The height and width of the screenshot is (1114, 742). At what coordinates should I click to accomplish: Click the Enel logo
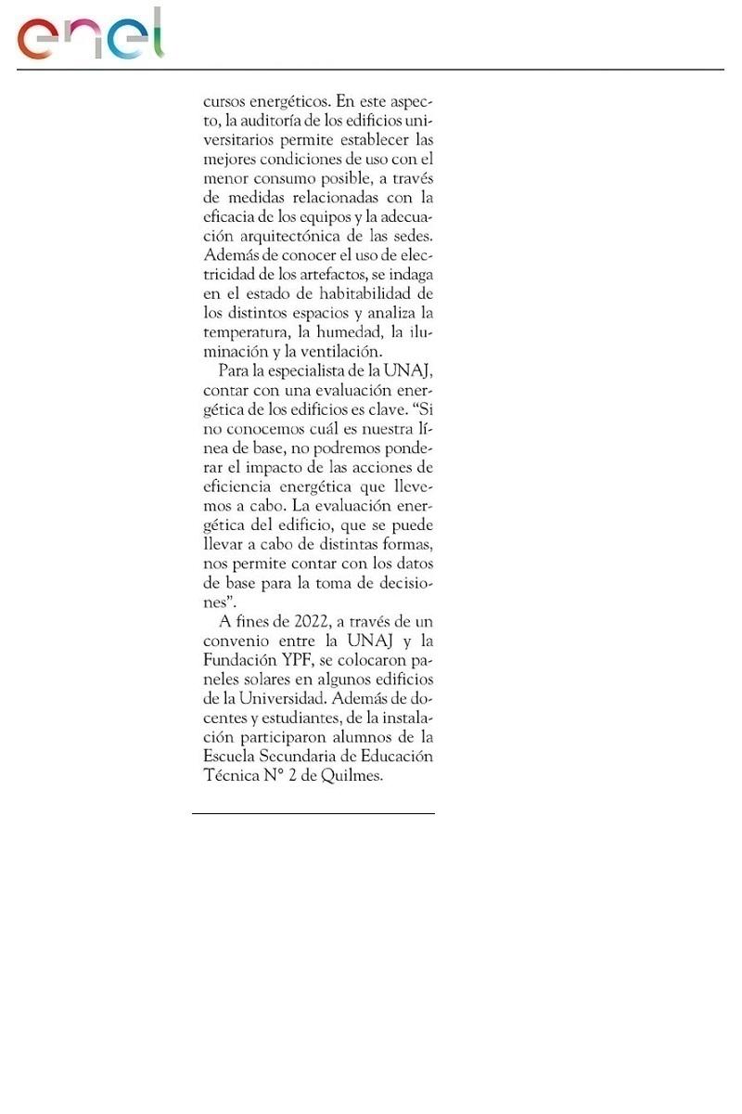90,34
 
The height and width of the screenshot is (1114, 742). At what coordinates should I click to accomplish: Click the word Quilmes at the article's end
351,776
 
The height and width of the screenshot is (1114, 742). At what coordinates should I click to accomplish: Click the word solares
275,680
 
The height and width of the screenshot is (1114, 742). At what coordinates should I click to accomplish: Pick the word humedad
350,332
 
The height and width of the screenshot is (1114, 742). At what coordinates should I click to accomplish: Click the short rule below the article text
313,814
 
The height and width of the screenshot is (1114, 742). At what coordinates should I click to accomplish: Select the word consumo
288,177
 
